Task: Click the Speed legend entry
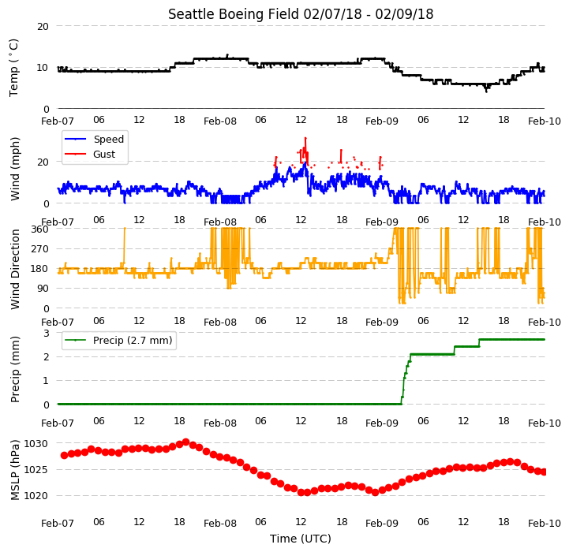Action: click(x=94, y=140)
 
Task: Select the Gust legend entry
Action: click(x=90, y=154)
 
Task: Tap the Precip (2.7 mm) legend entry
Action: click(x=118, y=340)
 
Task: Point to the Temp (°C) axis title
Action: click(x=13, y=68)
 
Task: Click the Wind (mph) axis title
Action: click(x=15, y=169)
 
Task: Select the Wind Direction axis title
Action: click(x=15, y=269)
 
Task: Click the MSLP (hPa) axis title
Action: click(x=15, y=470)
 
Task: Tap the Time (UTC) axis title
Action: click(x=301, y=539)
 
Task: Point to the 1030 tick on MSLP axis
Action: click(x=36, y=443)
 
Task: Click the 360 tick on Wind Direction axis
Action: click(x=40, y=229)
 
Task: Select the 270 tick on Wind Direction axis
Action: click(x=40, y=249)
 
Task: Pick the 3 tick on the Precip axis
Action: click(x=47, y=333)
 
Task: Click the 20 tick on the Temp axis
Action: click(x=43, y=27)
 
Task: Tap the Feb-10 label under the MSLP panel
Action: click(x=545, y=524)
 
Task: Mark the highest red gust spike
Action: click(x=305, y=138)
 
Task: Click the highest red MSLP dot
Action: click(x=186, y=442)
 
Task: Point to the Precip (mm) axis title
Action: click(x=15, y=370)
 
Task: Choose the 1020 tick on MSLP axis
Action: click(x=36, y=496)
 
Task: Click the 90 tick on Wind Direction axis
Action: click(x=43, y=289)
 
